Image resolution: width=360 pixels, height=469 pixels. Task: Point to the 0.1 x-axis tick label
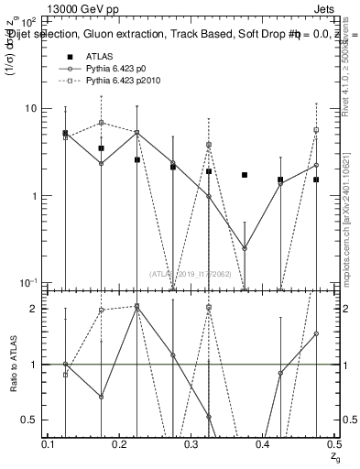[49, 444]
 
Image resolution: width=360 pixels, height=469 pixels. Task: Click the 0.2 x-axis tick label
[121, 444]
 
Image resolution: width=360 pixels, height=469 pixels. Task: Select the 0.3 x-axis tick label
[192, 444]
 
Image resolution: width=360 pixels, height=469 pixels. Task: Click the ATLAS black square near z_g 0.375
[245, 175]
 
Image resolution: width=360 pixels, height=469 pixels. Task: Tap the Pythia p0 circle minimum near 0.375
[245, 248]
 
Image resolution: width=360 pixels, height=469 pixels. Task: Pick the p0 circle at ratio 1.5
[316, 334]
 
